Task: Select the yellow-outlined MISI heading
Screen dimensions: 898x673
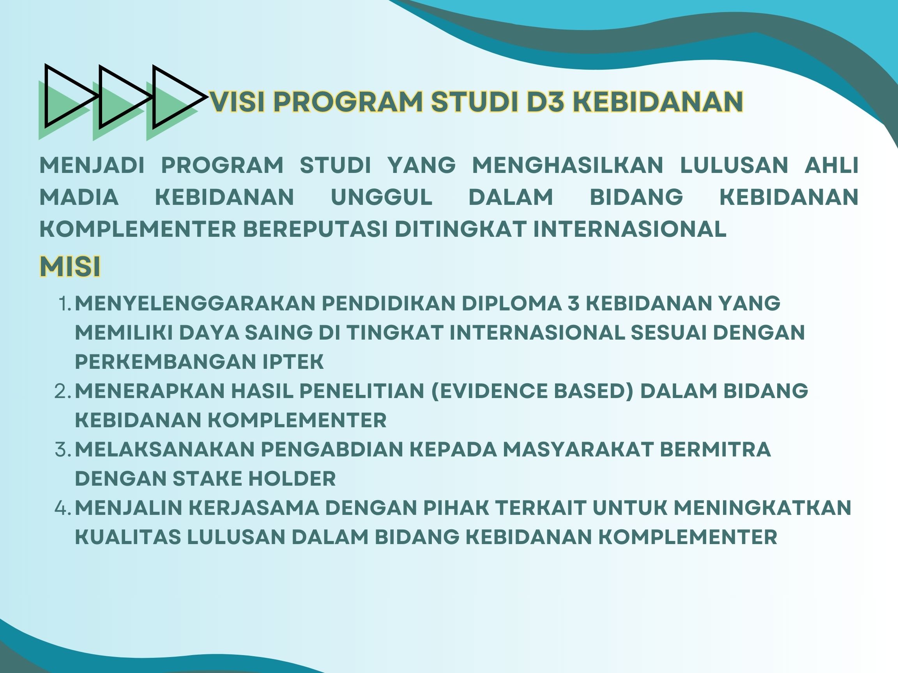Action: pyautogui.click(x=70, y=266)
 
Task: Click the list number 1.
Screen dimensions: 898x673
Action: pyautogui.click(x=65, y=303)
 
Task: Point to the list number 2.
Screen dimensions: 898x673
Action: pyautogui.click(x=63, y=391)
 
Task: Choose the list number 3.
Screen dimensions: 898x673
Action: pyautogui.click(x=63, y=449)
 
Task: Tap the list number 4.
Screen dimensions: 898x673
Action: pyautogui.click(x=63, y=508)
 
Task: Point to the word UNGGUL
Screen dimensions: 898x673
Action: pyautogui.click(x=382, y=197)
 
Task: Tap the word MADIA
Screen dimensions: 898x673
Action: pyautogui.click(x=79, y=197)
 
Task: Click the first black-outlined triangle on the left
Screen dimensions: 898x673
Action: pyautogui.click(x=71, y=96)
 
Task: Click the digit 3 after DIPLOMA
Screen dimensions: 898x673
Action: pyautogui.click(x=573, y=303)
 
